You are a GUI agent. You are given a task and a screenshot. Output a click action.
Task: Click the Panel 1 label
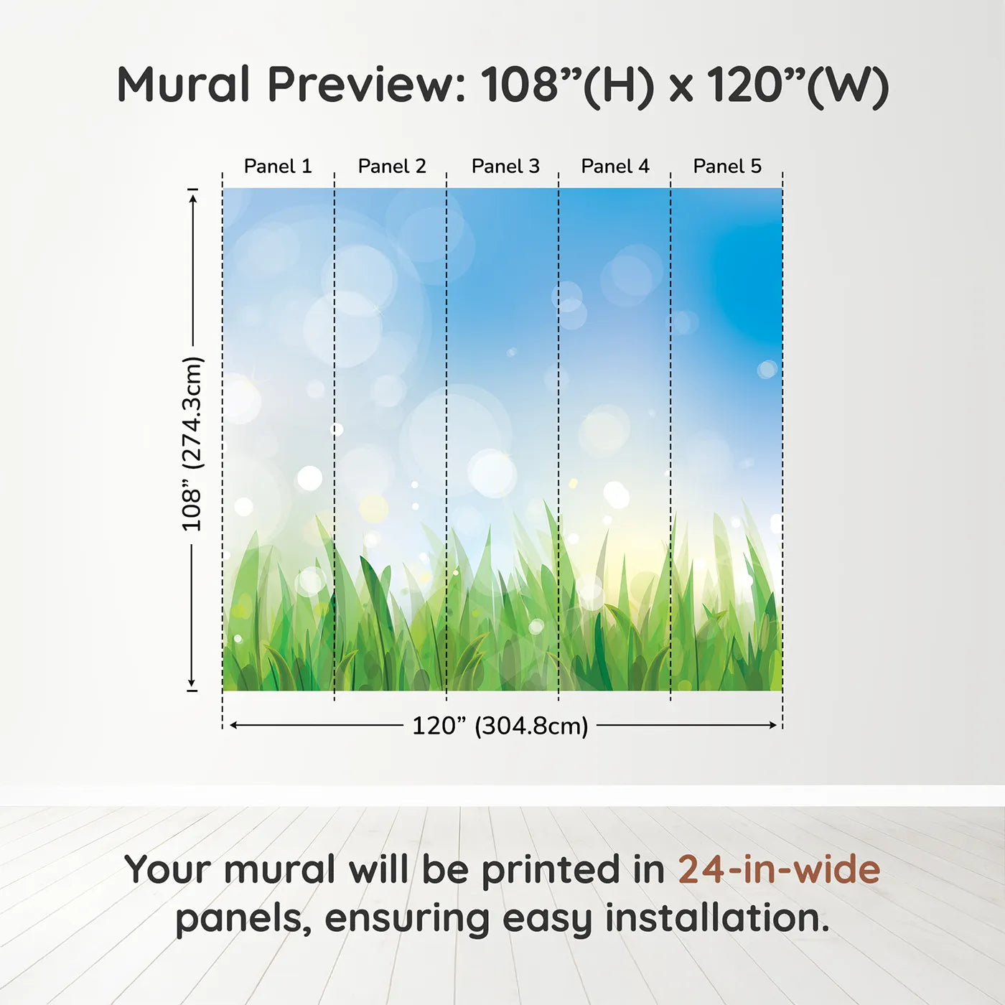tap(278, 167)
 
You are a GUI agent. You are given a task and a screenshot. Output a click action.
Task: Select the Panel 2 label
tap(392, 167)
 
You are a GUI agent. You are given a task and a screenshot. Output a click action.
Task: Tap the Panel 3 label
tap(505, 167)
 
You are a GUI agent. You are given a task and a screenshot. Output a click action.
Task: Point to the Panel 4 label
tap(615, 167)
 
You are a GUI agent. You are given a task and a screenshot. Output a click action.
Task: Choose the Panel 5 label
tap(727, 167)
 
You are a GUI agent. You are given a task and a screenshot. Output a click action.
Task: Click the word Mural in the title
tap(183, 85)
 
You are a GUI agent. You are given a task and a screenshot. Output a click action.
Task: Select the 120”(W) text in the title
tap(798, 85)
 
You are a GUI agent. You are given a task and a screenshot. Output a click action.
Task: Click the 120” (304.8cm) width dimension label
tap(500, 726)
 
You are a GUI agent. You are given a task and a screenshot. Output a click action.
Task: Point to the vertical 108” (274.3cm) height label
tap(192, 444)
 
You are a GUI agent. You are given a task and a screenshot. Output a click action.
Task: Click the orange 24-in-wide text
tap(779, 869)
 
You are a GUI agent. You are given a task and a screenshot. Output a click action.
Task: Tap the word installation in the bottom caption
tap(717, 918)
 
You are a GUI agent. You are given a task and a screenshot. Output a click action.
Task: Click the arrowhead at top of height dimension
tap(192, 197)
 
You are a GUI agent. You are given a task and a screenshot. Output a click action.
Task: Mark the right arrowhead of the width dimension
tap(774, 725)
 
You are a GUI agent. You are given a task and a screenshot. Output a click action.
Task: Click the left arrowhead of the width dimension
tap(233, 725)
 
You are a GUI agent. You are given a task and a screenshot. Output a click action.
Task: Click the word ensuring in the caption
tap(408, 920)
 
